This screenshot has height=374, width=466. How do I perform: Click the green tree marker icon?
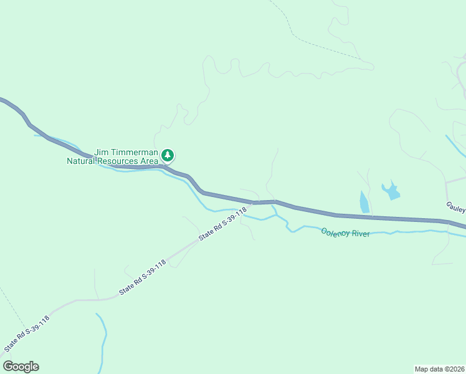coord(168,155)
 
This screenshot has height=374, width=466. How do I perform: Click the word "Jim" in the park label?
coord(102,152)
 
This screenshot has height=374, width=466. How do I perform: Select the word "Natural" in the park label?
coord(85,161)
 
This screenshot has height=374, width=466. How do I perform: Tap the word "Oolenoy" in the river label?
coord(335,233)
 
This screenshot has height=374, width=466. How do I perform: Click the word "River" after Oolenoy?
coord(361,234)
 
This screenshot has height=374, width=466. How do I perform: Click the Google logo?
coord(21,367)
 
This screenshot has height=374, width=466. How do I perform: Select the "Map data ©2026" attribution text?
coord(440,368)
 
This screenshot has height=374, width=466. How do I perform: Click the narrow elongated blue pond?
coord(364,202)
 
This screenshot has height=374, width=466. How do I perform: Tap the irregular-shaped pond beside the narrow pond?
coord(391,190)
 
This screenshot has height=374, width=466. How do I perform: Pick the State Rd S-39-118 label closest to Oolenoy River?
coord(223,224)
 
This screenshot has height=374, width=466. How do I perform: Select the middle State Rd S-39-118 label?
coord(143,277)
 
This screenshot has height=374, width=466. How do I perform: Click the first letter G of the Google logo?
coord(8,367)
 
